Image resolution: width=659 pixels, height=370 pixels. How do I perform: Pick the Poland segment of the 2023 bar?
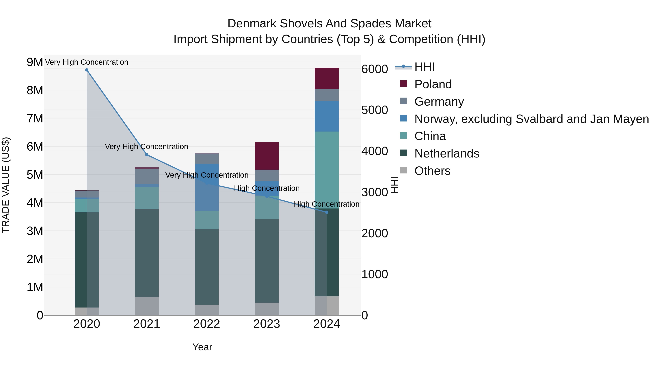(x=267, y=155)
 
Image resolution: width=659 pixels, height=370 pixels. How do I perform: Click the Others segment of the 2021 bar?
(x=147, y=306)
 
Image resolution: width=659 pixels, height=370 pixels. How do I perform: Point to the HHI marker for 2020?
(x=87, y=70)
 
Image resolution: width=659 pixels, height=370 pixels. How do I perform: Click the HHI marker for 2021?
(x=147, y=155)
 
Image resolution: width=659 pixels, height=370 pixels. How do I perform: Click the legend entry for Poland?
(x=433, y=84)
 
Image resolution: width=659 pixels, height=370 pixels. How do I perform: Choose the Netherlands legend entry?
(x=447, y=153)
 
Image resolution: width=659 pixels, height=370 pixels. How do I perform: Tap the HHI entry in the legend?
(x=424, y=67)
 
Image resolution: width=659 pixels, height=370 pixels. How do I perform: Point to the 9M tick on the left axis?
(x=35, y=62)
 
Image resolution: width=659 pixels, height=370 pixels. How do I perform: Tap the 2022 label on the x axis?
(x=206, y=324)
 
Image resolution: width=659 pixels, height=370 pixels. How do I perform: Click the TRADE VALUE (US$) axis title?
(x=6, y=185)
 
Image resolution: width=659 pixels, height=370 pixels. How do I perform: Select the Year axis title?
(x=202, y=347)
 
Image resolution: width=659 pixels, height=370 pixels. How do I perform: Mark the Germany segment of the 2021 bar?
(x=147, y=177)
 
